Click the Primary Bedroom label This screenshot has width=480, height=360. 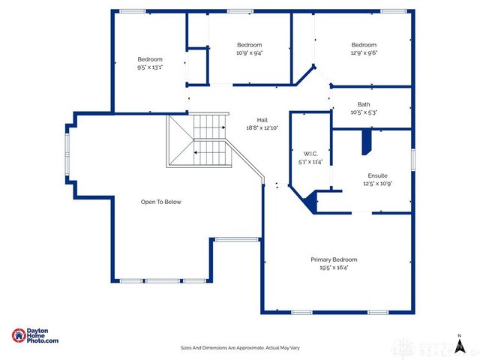[334, 259]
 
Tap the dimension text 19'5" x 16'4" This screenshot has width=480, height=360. [334, 267]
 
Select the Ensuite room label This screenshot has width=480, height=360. [377, 175]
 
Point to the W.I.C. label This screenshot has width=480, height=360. [310, 154]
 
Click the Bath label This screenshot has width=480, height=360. [364, 105]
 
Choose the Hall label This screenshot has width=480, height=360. [262, 120]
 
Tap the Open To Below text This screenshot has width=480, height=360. [161, 202]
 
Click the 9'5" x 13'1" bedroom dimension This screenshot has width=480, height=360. [150, 67]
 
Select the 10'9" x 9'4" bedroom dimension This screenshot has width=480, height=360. [250, 52]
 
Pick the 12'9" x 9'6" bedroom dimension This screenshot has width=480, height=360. [364, 52]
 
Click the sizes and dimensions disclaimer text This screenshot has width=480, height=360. [240, 348]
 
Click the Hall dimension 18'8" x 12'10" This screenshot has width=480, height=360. [262, 128]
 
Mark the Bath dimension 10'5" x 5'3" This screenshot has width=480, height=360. [364, 112]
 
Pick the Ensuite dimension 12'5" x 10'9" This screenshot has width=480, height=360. [377, 183]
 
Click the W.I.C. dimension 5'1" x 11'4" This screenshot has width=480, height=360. [310, 161]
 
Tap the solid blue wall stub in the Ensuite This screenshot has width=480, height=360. [367, 141]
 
